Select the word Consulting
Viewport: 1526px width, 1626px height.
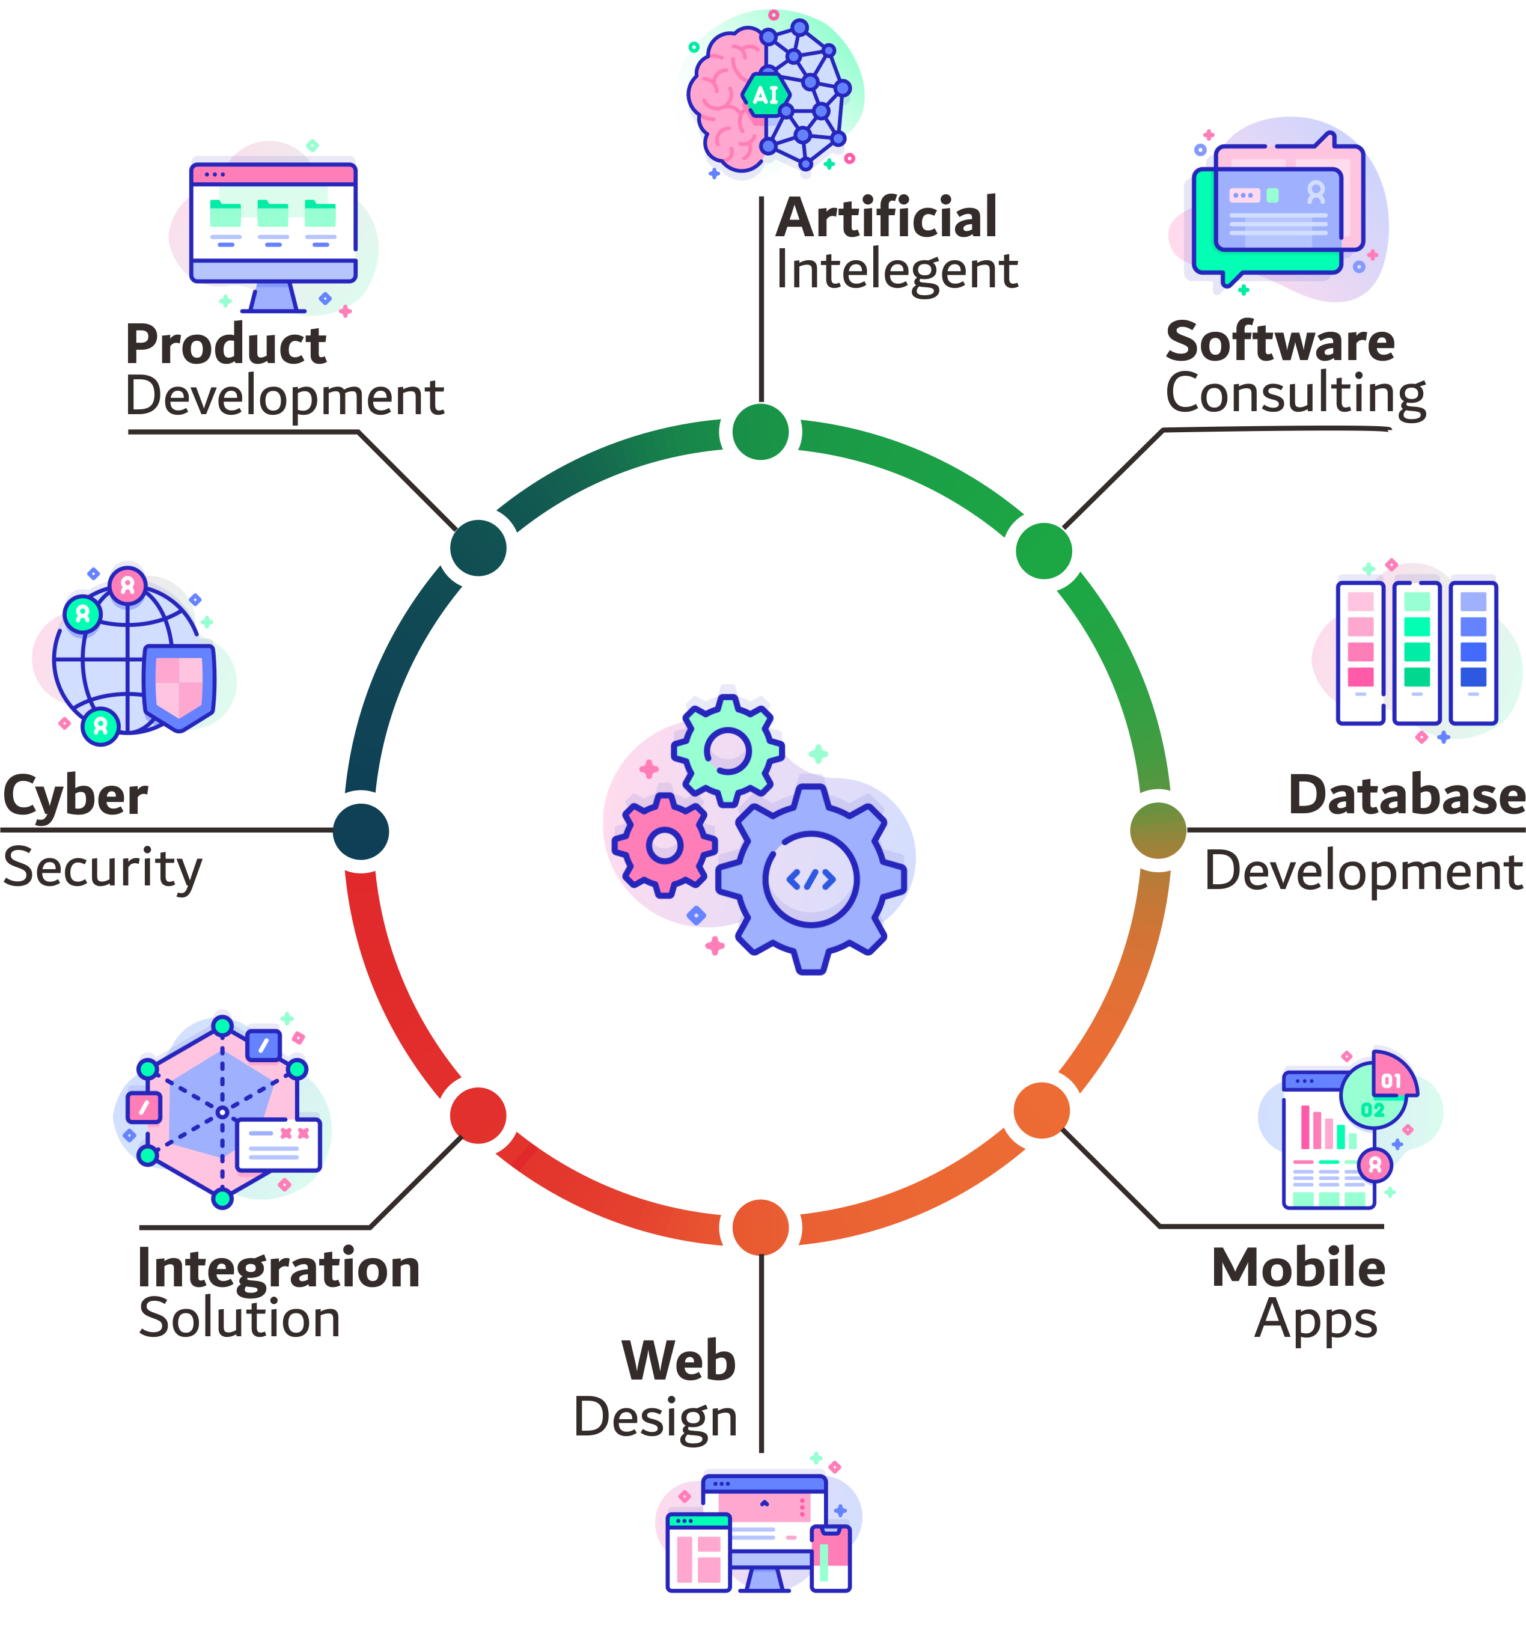tap(1295, 395)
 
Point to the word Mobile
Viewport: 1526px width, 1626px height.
tap(1298, 1268)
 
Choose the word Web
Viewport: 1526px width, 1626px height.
tap(679, 1361)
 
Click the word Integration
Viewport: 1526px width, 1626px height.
tap(279, 1268)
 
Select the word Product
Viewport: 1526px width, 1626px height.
tap(227, 344)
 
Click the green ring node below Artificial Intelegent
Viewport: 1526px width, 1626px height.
tap(760, 432)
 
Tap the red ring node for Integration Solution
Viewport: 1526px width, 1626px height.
tap(478, 1116)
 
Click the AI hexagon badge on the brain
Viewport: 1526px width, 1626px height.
tap(766, 95)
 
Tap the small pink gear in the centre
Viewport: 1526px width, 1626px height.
tap(664, 845)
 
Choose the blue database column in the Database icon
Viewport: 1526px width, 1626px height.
tap(1473, 650)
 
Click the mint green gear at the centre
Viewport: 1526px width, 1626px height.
tap(727, 748)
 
